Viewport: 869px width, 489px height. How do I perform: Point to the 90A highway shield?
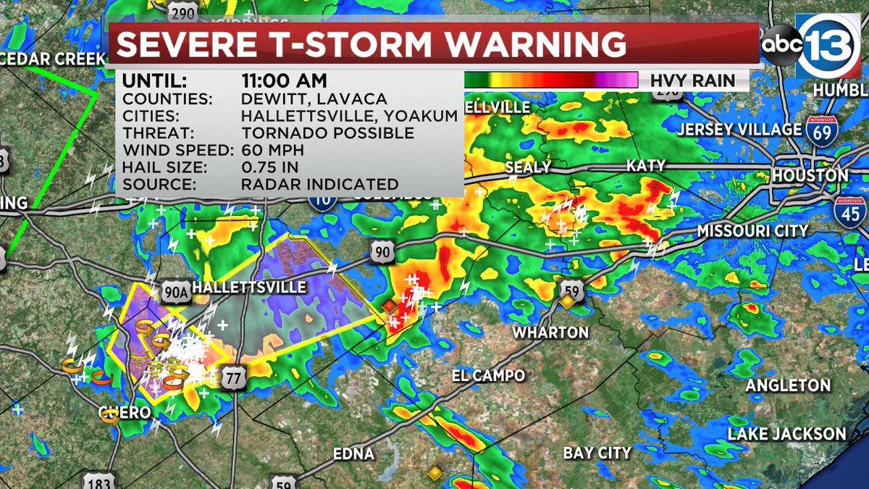pos(174,288)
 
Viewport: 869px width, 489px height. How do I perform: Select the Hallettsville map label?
pos(250,288)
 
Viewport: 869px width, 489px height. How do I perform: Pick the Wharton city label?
pos(550,333)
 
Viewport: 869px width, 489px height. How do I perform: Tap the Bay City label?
pos(597,454)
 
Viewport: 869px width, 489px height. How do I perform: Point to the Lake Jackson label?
pos(786,435)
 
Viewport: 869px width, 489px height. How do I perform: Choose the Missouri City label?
pos(752,231)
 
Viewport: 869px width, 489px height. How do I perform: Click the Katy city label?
pos(645,167)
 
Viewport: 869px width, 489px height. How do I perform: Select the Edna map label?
pos(353,454)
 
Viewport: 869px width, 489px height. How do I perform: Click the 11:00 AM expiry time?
pos(284,80)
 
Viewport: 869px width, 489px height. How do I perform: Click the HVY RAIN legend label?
pos(692,80)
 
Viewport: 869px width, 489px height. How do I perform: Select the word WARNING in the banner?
pos(537,44)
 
